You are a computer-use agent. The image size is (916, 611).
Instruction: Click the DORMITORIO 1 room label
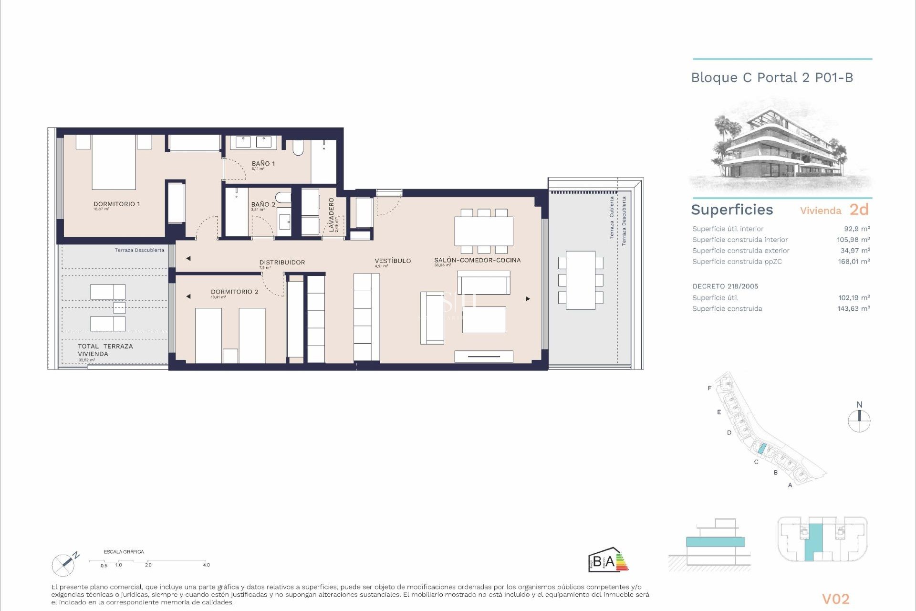[116, 204]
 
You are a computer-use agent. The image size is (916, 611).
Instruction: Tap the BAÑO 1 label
[263, 163]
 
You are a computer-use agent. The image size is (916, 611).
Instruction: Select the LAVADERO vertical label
[331, 215]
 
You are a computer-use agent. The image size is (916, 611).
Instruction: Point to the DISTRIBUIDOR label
[282, 262]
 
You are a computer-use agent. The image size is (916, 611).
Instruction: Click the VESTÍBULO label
[393, 261]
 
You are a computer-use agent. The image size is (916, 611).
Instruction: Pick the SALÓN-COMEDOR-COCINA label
[477, 260]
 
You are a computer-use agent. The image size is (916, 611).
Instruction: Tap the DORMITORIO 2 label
[234, 292]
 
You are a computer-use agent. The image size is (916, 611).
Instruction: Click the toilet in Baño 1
[298, 148]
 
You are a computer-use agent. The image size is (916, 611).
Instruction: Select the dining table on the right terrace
[581, 280]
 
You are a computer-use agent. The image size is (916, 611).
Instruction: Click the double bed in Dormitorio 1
[114, 162]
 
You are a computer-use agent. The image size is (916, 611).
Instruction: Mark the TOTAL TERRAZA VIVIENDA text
[105, 350]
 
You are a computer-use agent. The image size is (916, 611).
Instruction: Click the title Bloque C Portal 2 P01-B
[771, 78]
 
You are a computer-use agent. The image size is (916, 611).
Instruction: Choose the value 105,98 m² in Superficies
[853, 240]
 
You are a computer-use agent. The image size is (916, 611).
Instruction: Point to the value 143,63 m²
[853, 309]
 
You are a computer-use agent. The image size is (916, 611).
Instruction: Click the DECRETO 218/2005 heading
[725, 286]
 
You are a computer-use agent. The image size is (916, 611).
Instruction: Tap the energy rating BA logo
[607, 560]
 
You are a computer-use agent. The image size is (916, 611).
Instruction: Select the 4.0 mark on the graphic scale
[206, 565]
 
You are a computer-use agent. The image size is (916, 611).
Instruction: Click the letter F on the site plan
[709, 388]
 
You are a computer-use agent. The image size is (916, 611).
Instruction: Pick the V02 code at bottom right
[835, 599]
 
